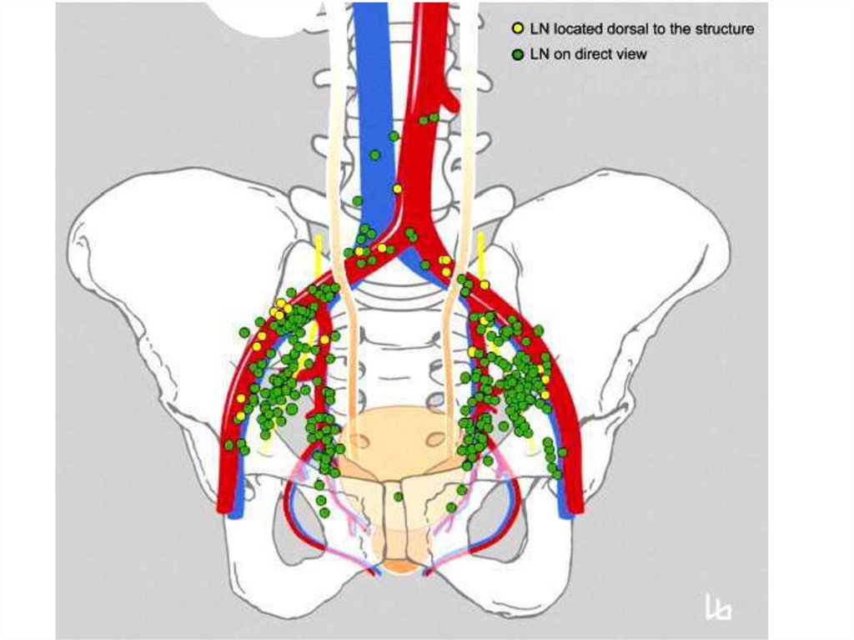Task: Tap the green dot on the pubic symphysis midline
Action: pos(399,496)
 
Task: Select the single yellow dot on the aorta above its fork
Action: pos(397,189)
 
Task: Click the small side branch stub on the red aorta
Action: pos(450,100)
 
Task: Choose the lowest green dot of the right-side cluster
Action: pos(451,506)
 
